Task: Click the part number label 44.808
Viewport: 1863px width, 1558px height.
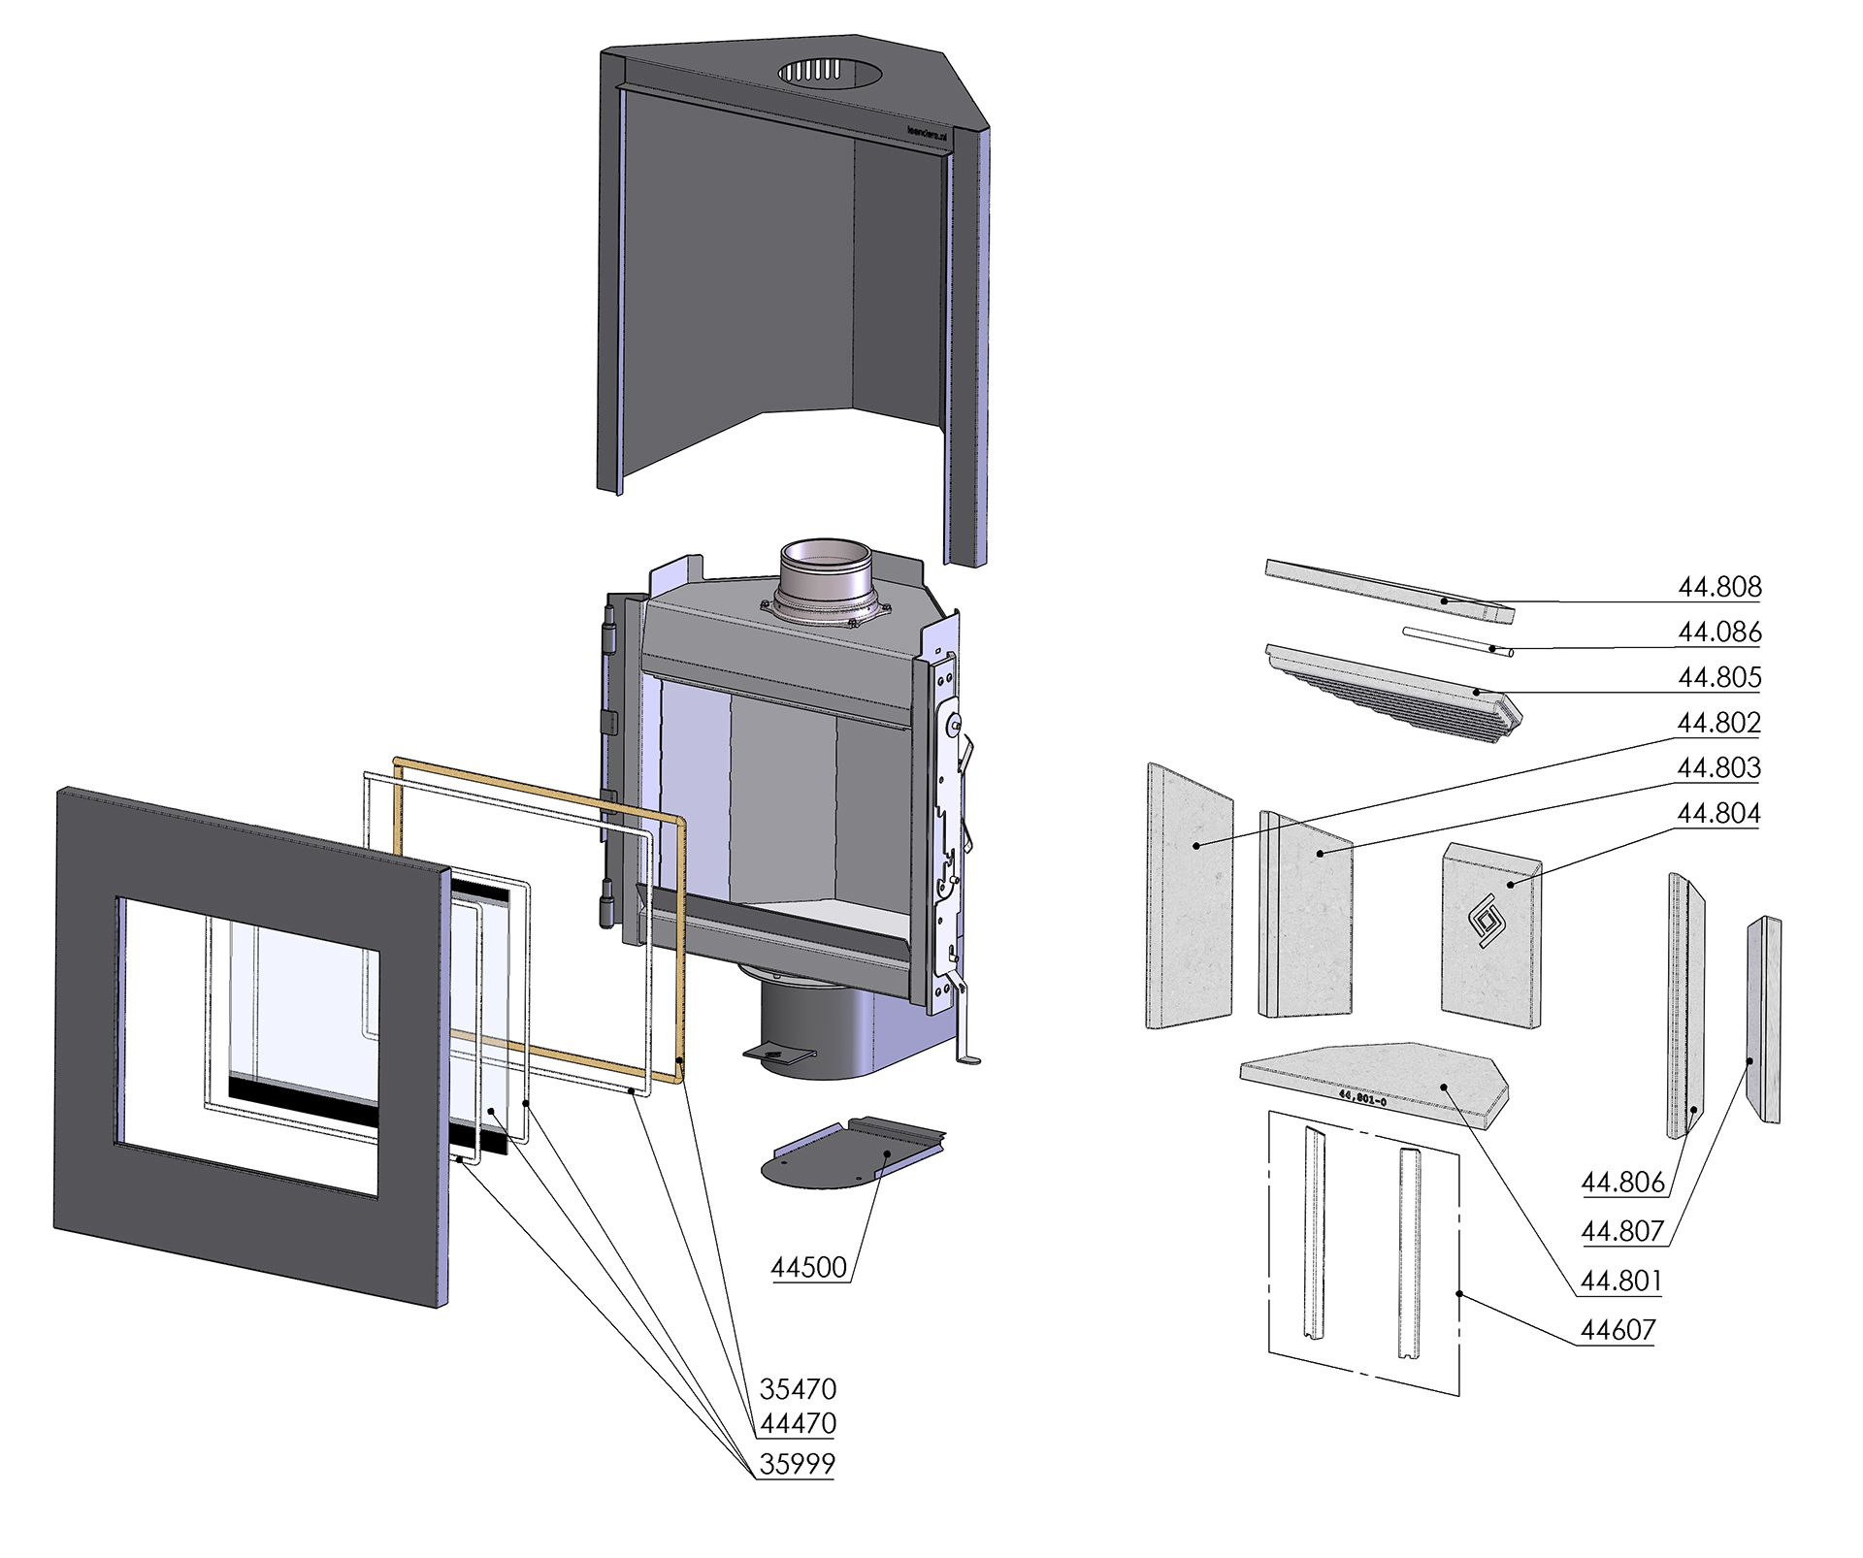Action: click(x=1719, y=587)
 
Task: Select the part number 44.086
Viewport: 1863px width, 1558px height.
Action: click(x=1719, y=633)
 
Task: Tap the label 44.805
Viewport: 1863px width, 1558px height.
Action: click(x=1719, y=677)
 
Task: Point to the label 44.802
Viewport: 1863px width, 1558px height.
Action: click(x=1719, y=723)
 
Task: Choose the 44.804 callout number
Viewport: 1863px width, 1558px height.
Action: click(x=1719, y=813)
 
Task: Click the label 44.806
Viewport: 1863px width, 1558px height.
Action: click(x=1622, y=1183)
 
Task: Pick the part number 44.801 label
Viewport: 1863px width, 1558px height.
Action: click(x=1621, y=1282)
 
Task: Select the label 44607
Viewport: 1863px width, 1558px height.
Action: click(x=1618, y=1330)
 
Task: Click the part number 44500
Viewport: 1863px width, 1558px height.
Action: click(x=809, y=1267)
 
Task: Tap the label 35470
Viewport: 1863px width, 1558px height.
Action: click(x=798, y=1389)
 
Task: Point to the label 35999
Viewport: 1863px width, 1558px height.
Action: click(x=798, y=1464)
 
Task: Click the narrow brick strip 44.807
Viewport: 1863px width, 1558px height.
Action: click(x=1763, y=1019)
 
